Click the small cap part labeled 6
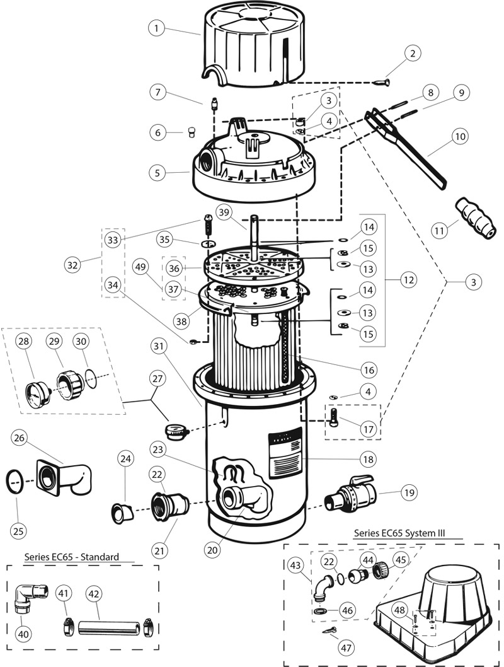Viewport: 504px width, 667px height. [186, 132]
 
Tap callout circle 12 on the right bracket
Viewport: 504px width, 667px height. [410, 278]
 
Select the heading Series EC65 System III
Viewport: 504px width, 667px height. [399, 533]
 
